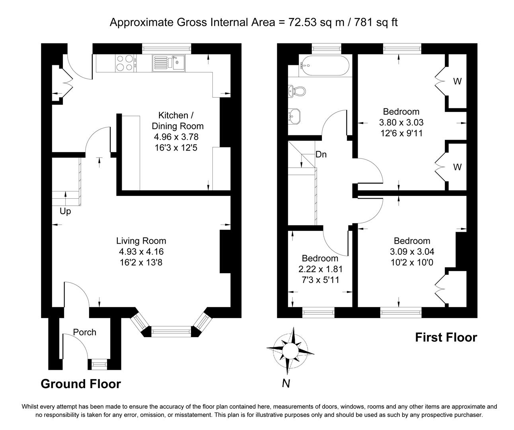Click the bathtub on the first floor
pos(324,66)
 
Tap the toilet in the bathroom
pos(298,91)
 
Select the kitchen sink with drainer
pos(169,63)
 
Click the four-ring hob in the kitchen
pos(126,63)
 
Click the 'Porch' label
pos(84,332)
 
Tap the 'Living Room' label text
pos(141,241)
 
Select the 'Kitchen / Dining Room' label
pos(177,121)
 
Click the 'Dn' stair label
pos(321,154)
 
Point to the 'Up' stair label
pos(65,211)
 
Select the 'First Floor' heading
pos(446,337)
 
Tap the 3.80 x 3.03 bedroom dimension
pos(401,123)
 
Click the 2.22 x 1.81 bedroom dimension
pos(321,269)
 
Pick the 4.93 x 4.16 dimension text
pos(141,252)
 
